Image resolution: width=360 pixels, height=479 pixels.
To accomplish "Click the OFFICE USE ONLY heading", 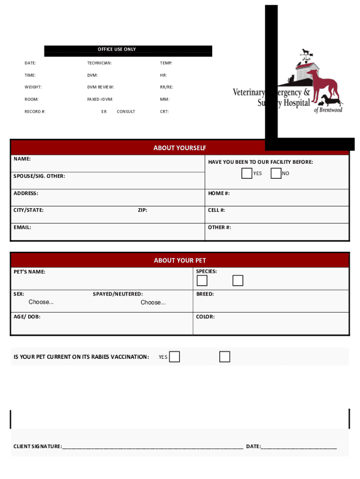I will tap(116, 49).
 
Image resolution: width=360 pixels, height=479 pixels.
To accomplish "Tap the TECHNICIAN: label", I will tap(99, 63).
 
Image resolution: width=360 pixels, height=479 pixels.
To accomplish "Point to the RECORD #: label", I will tap(35, 112).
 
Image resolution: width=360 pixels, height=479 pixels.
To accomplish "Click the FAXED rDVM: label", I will tap(100, 99).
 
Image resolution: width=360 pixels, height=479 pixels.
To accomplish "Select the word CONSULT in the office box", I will tap(126, 112).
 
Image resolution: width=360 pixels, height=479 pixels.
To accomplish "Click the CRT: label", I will tap(164, 112).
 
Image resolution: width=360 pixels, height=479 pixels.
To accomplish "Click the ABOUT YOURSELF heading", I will tap(180, 148).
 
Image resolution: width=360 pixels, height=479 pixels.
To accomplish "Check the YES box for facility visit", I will tap(247, 174).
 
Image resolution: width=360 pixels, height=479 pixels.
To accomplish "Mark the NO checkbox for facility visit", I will tap(276, 174).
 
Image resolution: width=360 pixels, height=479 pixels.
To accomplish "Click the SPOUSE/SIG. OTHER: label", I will tap(39, 176).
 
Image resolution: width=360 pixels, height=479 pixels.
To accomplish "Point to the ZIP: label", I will tap(142, 210).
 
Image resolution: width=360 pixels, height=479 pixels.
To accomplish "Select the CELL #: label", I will tap(216, 210).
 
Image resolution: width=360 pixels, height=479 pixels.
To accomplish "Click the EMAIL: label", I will tap(22, 227).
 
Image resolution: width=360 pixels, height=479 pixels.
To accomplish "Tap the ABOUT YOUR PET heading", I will tap(180, 261).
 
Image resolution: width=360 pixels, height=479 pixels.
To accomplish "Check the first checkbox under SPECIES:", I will tap(202, 281).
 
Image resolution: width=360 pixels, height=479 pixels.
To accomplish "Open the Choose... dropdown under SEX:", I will tap(41, 302).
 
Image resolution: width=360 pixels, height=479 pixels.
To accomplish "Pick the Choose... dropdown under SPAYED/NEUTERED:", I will tap(153, 303).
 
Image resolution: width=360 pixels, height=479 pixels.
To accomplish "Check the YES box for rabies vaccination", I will tap(174, 357).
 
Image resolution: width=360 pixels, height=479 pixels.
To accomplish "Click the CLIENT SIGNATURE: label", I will tap(37, 447).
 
